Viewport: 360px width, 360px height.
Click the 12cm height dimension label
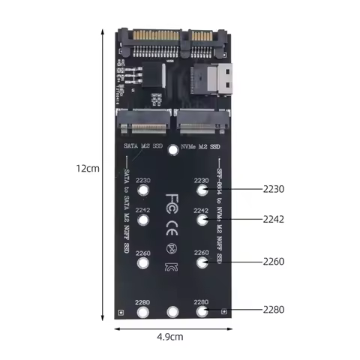(88, 169)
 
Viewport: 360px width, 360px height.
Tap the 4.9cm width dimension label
(169, 337)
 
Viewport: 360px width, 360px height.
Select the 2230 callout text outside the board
(273, 189)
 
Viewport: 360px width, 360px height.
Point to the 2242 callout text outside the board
(273, 219)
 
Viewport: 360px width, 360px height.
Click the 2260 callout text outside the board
(273, 262)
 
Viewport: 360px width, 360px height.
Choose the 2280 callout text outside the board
(273, 308)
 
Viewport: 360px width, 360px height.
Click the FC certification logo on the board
(172, 202)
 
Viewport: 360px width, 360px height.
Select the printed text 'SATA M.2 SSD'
(142, 145)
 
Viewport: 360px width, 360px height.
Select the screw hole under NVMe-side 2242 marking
(201, 221)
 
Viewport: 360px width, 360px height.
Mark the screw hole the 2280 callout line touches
(201, 312)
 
